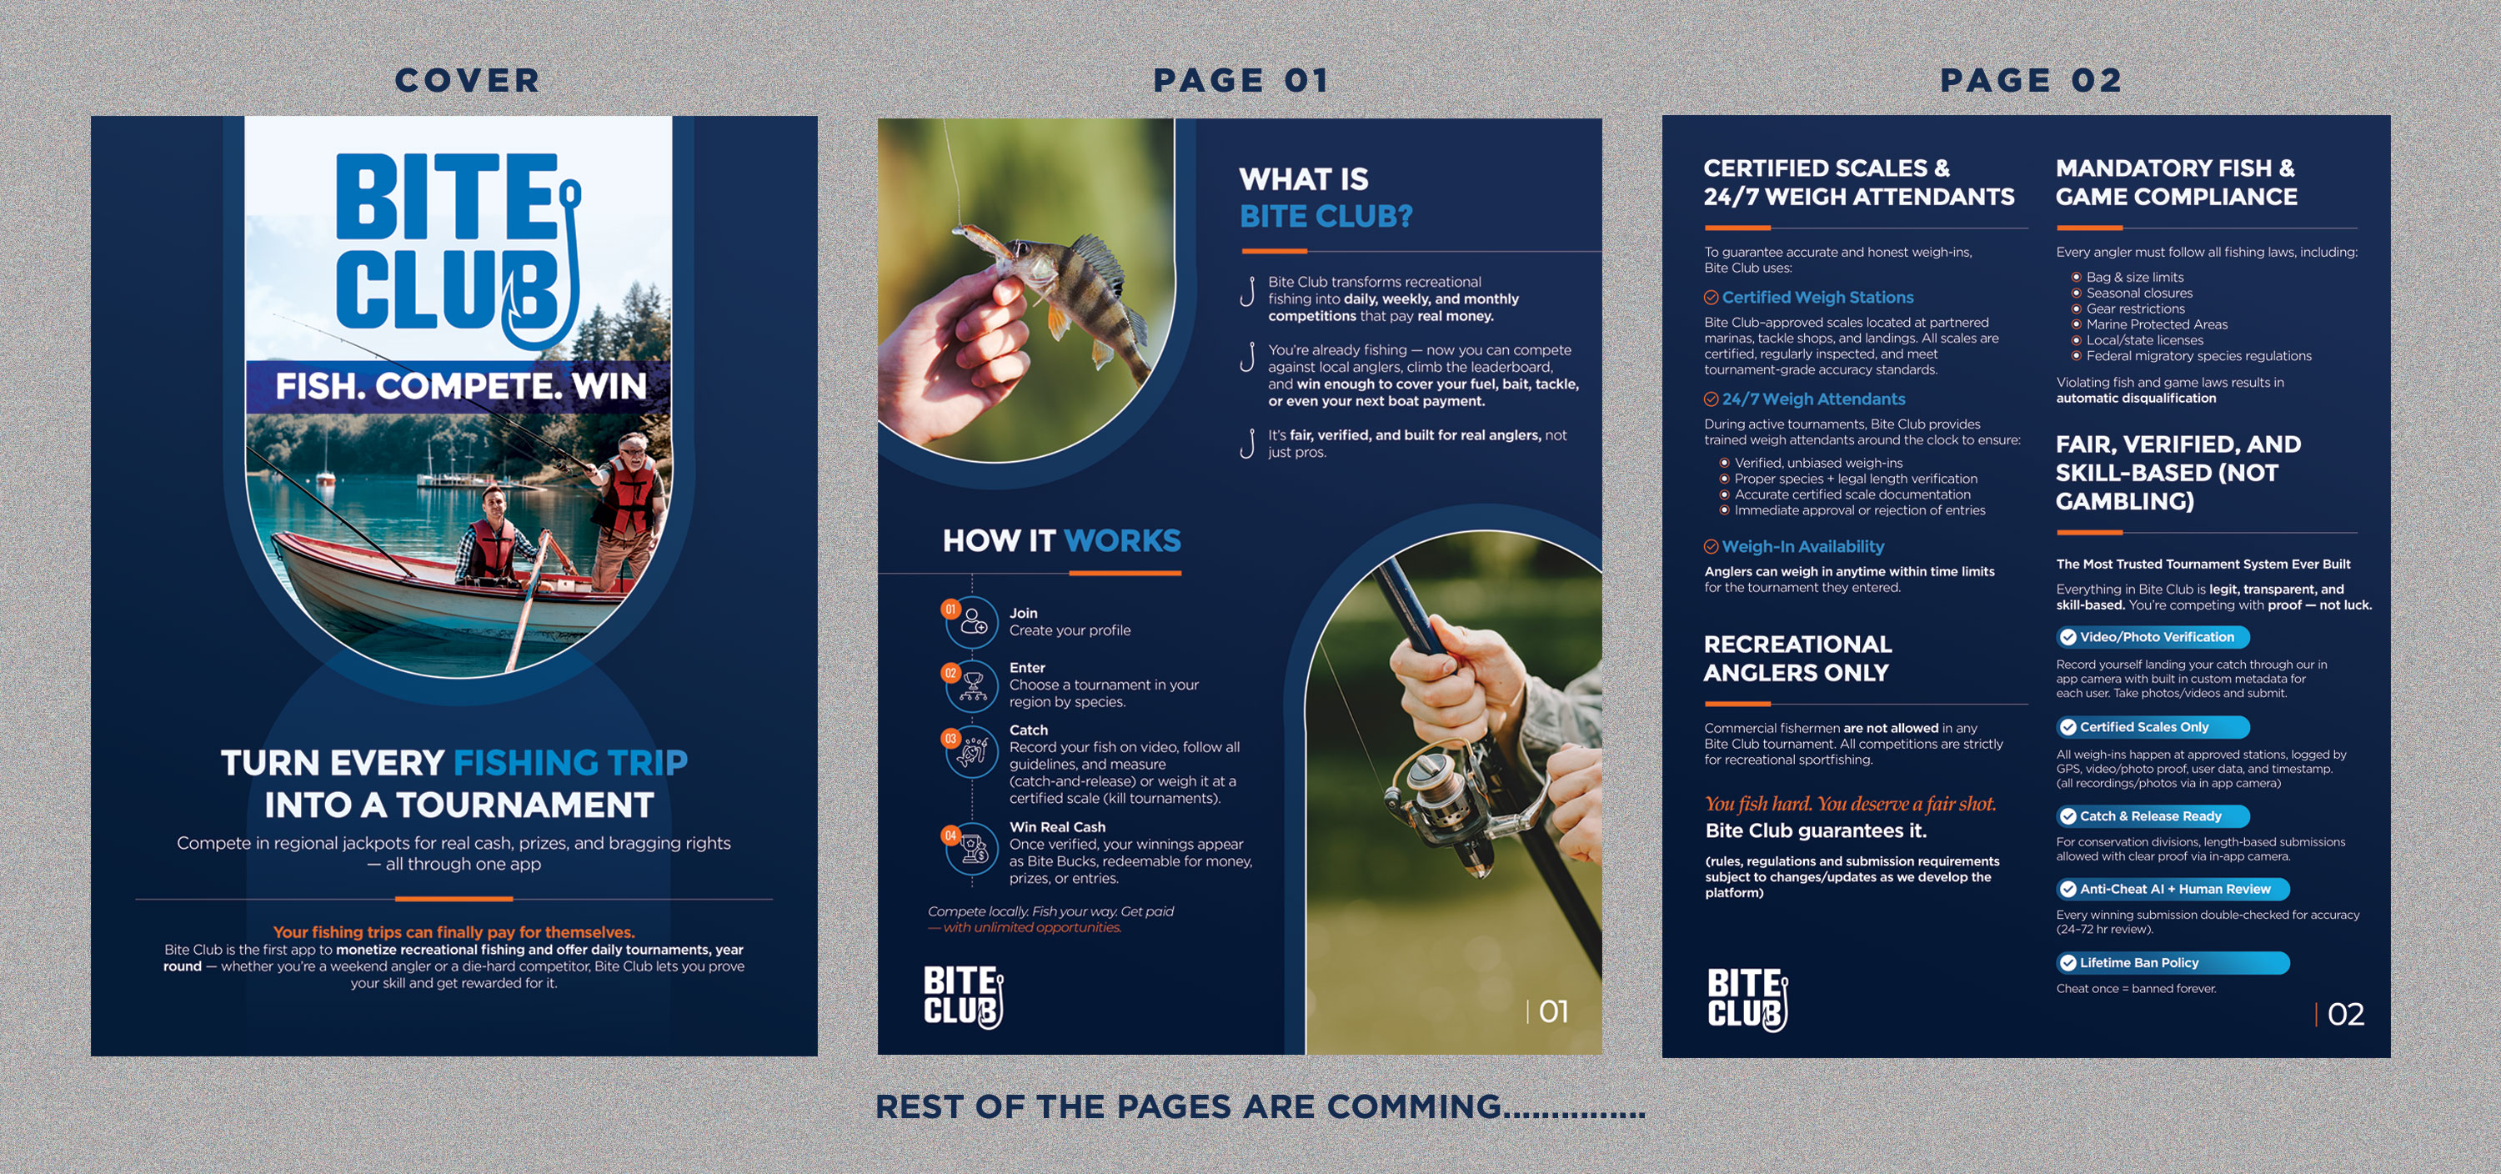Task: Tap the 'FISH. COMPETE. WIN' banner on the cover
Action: [460, 387]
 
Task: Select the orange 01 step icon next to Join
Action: [950, 610]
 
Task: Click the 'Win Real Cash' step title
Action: [1056, 827]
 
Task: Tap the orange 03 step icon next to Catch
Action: [950, 739]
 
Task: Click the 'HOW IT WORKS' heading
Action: [1060, 541]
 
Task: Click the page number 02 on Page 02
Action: [2344, 1015]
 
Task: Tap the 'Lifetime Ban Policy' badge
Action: [2172, 963]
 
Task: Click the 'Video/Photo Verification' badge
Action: [2153, 638]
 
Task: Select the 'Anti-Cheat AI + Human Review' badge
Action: [2172, 890]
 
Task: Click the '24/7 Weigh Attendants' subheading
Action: [1812, 399]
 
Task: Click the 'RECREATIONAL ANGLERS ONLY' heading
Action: [1797, 659]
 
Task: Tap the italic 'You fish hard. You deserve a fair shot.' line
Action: [1850, 804]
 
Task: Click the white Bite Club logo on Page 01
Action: [962, 996]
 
